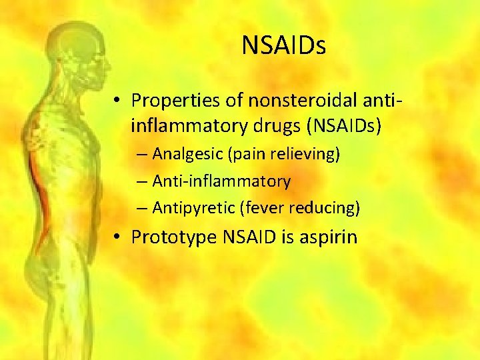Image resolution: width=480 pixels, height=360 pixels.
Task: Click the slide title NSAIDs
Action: [x=284, y=45]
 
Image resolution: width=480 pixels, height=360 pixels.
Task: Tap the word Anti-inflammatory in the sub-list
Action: [x=221, y=181]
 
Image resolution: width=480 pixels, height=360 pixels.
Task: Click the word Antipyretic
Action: [x=189, y=207]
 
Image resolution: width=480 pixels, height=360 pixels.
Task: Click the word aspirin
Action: [x=329, y=237]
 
